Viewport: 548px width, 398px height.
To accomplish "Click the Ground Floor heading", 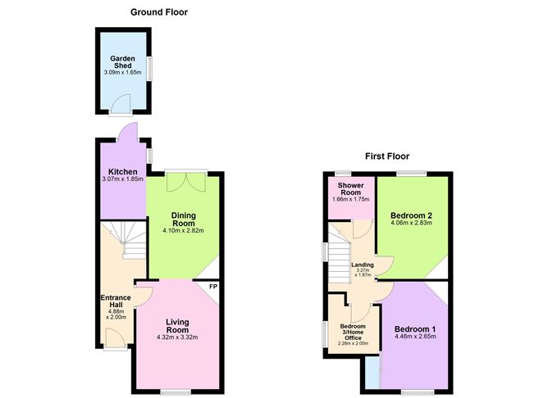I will [160, 12].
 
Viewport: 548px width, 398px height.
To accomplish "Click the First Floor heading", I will [386, 156].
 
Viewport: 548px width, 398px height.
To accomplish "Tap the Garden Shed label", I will [122, 62].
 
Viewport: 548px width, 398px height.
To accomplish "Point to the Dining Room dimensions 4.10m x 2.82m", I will [182, 231].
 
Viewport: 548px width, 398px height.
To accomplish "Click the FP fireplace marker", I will [213, 287].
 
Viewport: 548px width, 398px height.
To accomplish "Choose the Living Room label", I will [177, 326].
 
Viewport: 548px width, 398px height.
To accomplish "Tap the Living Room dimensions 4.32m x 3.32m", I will [177, 337].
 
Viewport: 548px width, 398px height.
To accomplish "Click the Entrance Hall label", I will [116, 301].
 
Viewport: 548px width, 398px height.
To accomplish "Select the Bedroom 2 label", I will [411, 215].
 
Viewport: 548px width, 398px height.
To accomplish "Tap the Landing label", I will [362, 265].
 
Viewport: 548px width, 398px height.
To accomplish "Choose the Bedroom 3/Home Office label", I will [353, 331].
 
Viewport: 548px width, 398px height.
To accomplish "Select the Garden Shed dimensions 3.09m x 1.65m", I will [122, 73].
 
